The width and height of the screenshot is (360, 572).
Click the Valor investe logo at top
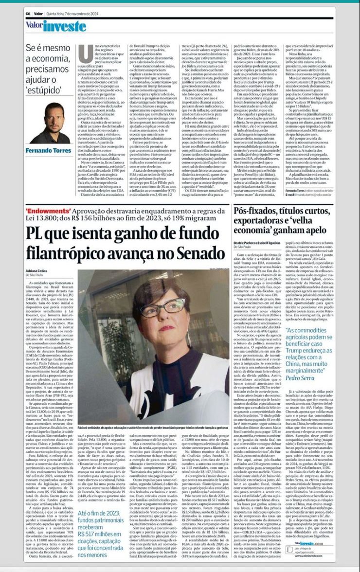point(55,26)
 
